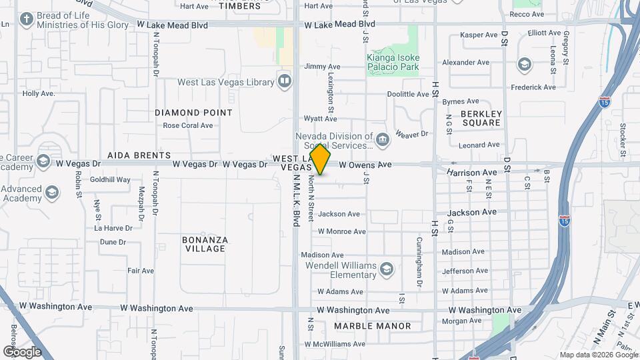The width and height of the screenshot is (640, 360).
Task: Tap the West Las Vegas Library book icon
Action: (x=285, y=81)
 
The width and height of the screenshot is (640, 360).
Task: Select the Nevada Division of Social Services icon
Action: (x=383, y=139)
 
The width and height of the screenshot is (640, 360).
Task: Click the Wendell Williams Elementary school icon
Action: (x=385, y=269)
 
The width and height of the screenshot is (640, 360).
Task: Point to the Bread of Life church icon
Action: (x=26, y=19)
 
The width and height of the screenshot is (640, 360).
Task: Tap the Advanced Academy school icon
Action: (x=52, y=193)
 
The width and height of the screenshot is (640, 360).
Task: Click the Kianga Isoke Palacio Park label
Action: (x=393, y=62)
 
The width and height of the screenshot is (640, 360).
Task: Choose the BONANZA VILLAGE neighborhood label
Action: (x=205, y=244)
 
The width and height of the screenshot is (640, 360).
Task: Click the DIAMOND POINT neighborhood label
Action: (x=194, y=113)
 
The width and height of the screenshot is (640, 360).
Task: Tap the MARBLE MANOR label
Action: (x=373, y=326)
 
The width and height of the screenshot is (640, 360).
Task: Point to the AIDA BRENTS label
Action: (x=134, y=155)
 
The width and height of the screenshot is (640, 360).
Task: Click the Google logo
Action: (x=22, y=351)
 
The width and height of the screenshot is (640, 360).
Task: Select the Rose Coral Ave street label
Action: (x=188, y=125)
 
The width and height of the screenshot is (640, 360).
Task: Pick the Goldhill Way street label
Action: (x=110, y=179)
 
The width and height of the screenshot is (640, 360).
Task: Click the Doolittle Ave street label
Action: (x=408, y=95)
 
